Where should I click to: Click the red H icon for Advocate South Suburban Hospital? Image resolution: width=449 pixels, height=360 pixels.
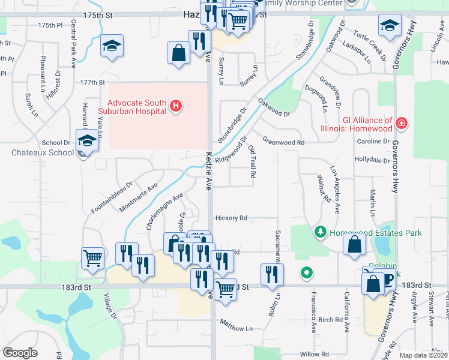click(x=176, y=107)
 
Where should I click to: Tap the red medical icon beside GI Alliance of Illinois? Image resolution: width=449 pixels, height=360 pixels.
click(x=402, y=124)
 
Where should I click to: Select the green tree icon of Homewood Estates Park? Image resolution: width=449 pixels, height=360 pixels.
click(x=321, y=232)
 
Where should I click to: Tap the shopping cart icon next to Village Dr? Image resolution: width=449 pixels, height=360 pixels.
click(x=92, y=258)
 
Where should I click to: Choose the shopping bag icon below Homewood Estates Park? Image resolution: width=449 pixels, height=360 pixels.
click(x=354, y=244)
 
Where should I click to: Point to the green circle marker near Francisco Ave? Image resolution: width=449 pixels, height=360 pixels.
click(x=307, y=274)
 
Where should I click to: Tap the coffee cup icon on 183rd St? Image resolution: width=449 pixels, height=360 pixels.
click(x=384, y=279)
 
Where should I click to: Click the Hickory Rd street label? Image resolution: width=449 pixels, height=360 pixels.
click(x=231, y=218)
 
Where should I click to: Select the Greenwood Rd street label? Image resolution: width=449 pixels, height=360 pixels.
click(x=284, y=143)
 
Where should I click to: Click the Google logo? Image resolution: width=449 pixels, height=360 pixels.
click(x=20, y=353)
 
